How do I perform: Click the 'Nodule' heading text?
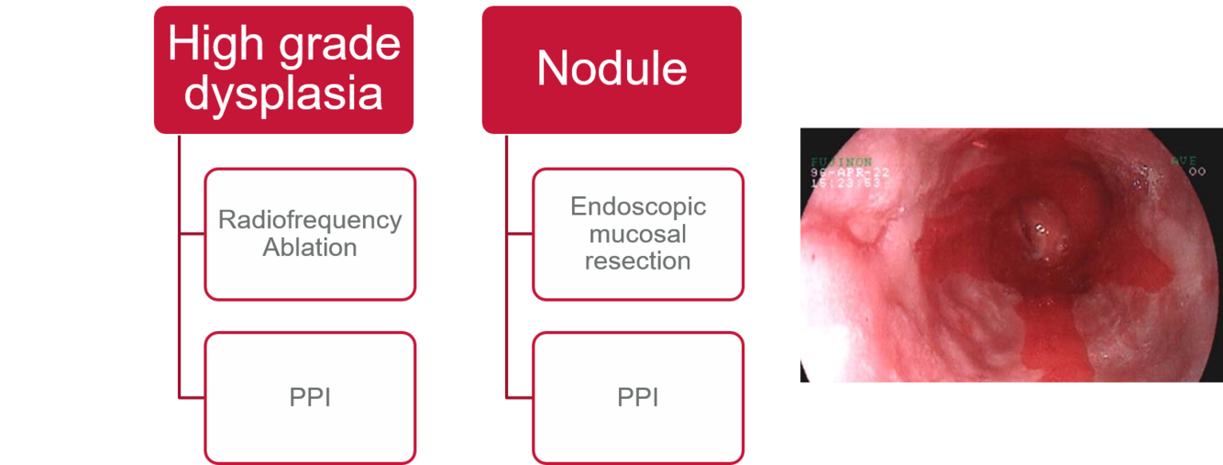(x=611, y=69)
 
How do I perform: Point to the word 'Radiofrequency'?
(x=310, y=221)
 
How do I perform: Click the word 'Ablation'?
(x=310, y=248)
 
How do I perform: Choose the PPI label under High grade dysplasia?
(x=310, y=398)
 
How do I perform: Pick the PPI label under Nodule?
(x=637, y=398)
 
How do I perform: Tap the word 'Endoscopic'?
(x=637, y=206)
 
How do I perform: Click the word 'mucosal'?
(x=637, y=234)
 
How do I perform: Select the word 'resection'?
(x=637, y=261)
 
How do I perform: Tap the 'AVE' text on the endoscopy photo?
(x=1184, y=161)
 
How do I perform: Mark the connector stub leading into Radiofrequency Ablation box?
(x=192, y=235)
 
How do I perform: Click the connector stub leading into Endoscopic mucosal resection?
(x=519, y=235)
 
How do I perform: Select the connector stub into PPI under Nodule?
(x=519, y=398)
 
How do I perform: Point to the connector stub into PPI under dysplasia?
(x=192, y=398)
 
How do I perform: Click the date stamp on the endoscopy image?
(x=840, y=172)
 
